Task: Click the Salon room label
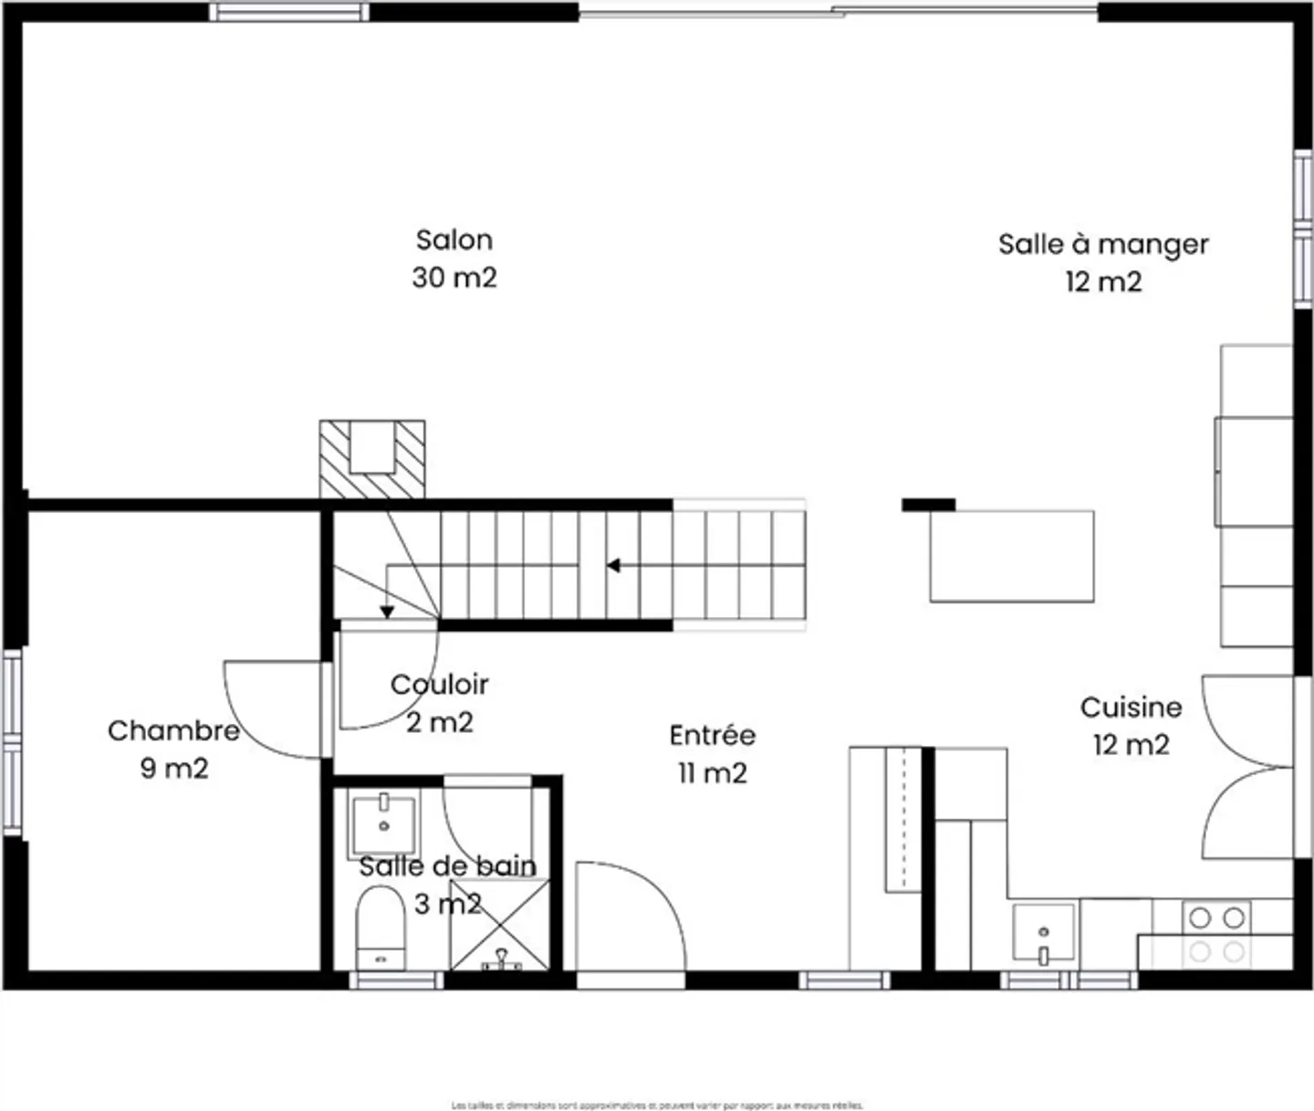coord(454,240)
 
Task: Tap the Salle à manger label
coord(1102,245)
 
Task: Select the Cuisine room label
coord(1131,707)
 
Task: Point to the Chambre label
coord(173,730)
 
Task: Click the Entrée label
coord(712,736)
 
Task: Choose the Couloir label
coord(439,685)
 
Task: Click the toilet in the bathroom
coord(381,927)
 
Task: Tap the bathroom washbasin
coord(384,824)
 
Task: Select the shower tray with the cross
coord(500,924)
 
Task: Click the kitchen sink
coord(1044,933)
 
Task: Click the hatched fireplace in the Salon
coord(372,458)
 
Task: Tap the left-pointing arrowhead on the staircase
coord(613,566)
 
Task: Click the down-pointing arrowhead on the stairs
coord(387,613)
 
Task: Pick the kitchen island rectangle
coord(1011,556)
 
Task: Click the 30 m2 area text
coord(454,278)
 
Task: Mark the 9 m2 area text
coord(173,769)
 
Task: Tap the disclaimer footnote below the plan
coord(657,1105)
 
